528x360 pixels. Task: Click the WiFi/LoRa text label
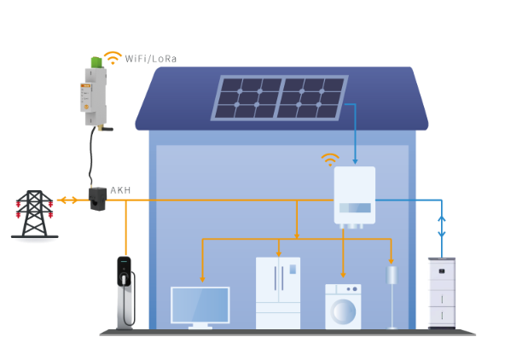(150, 59)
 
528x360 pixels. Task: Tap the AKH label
(120, 190)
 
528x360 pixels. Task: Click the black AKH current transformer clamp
(97, 199)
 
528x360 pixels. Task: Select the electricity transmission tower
(35, 214)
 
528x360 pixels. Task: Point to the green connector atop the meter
(96, 62)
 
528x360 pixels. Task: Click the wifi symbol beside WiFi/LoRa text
(113, 58)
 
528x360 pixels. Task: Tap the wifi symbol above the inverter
(330, 160)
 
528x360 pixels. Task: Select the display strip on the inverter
(355, 208)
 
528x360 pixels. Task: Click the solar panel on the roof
(280, 97)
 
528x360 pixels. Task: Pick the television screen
(200, 305)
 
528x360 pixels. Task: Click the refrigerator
(278, 293)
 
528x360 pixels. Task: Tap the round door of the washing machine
(343, 312)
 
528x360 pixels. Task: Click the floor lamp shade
(392, 276)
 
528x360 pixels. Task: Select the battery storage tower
(442, 293)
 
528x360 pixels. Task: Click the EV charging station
(125, 293)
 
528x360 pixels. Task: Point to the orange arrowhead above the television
(202, 279)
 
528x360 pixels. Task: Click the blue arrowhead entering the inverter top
(355, 161)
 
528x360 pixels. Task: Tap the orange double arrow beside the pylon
(67, 200)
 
